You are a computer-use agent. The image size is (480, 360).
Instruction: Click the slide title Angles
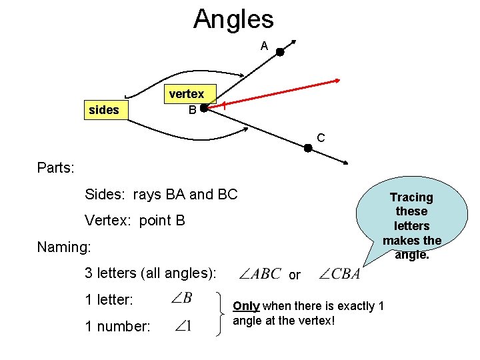[x=233, y=19]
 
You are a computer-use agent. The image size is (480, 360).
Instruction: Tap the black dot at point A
[x=281, y=52]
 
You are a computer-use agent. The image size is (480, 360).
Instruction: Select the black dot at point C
[x=308, y=148]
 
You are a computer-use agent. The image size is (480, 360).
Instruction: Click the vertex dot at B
[x=203, y=106]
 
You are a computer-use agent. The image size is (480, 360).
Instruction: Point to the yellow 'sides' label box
[x=103, y=110]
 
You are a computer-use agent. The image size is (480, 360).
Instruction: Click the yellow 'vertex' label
[x=186, y=94]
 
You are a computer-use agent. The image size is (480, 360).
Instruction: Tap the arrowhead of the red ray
[x=337, y=81]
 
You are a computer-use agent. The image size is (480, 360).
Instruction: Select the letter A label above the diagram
[x=264, y=46]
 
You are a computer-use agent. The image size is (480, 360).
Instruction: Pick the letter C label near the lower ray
[x=321, y=138]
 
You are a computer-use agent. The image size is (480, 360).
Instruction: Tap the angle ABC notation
[x=259, y=274]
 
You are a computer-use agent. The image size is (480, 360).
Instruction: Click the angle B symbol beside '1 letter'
[x=182, y=298]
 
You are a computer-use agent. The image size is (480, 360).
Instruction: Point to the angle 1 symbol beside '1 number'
[x=183, y=326]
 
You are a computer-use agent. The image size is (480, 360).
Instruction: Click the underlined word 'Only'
[x=246, y=306]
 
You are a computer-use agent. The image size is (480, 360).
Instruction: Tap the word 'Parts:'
[x=55, y=167]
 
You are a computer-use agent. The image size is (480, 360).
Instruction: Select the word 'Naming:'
[x=64, y=247]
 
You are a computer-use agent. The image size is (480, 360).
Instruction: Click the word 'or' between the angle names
[x=295, y=275]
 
